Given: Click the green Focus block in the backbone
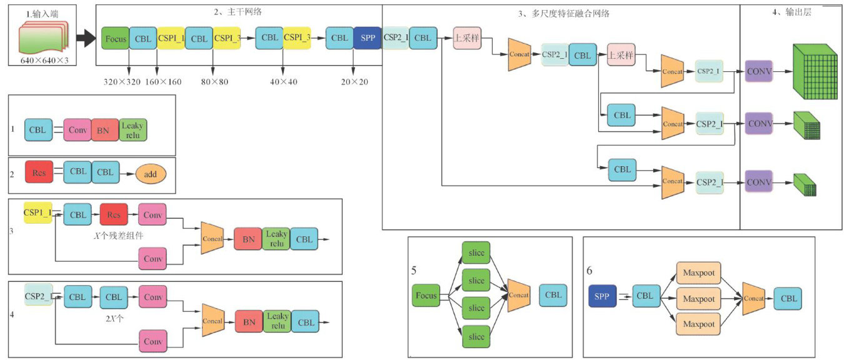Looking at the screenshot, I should [x=115, y=39].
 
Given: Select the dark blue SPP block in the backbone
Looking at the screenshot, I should [x=367, y=38].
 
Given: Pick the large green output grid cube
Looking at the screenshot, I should [x=815, y=72].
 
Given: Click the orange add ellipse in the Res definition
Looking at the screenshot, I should [x=150, y=174].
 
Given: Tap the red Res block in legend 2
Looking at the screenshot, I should [x=39, y=172].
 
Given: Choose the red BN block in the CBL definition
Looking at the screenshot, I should [x=104, y=130].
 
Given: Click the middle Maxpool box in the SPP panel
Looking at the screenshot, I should [x=698, y=299].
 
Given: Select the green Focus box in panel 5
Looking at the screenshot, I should [x=426, y=295].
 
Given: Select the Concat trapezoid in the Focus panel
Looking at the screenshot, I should [x=519, y=295].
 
